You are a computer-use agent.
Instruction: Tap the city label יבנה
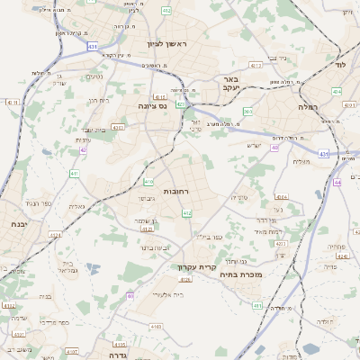(x=17, y=223)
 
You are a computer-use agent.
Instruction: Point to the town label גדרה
(x=118, y=355)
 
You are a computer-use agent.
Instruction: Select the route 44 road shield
(x=336, y=182)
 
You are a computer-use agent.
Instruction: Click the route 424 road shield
(x=336, y=92)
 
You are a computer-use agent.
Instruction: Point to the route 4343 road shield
(x=117, y=128)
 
